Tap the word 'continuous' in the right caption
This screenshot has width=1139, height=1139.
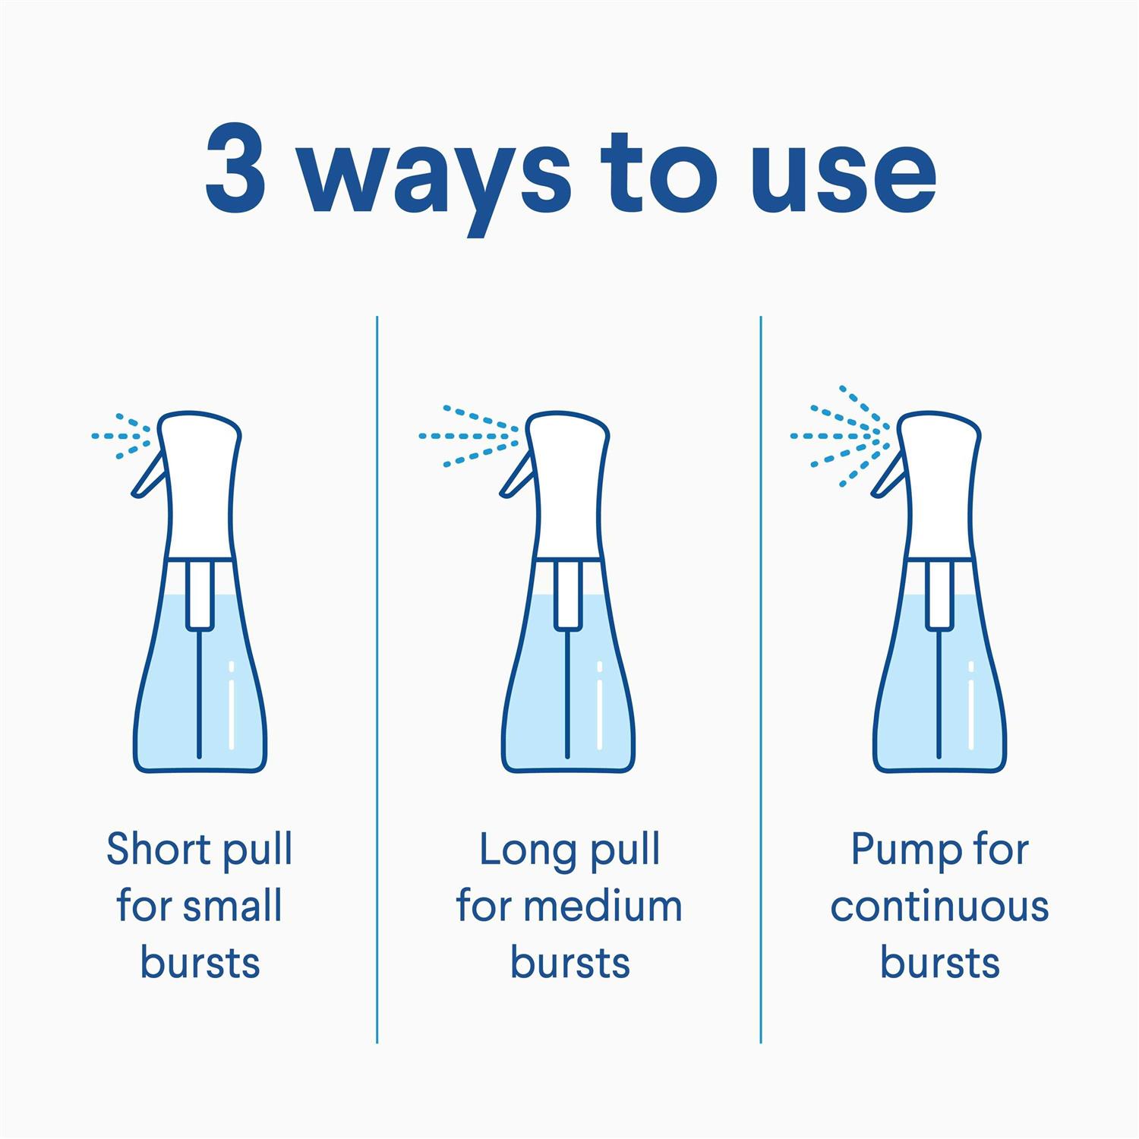pos(939,906)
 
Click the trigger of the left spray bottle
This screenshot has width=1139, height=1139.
pos(147,477)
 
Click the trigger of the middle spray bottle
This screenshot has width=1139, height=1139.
pos(516,477)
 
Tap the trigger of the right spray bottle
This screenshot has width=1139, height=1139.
pos(886,477)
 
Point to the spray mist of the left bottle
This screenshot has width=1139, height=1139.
pos(121,437)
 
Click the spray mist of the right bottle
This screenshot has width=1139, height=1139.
pos(839,436)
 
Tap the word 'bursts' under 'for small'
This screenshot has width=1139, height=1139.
pos(200,963)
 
